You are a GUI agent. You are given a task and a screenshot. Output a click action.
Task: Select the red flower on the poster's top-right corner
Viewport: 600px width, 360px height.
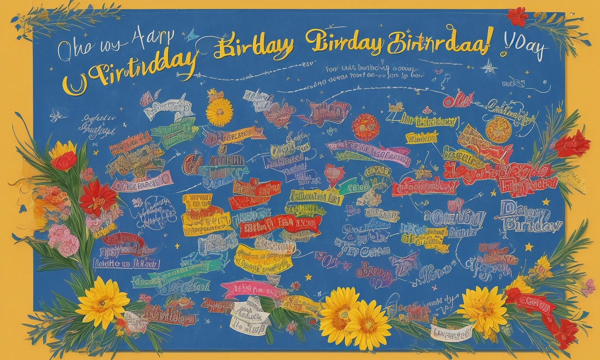point(517,17)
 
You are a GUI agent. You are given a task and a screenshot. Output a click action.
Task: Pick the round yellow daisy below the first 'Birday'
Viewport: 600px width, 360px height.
point(219,112)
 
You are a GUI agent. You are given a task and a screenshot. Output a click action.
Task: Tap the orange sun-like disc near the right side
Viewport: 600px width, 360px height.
point(498,129)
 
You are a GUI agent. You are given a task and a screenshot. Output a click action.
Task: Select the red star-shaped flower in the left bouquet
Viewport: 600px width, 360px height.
point(97,197)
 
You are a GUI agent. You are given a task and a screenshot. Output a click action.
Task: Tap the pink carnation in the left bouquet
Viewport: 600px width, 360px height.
point(64,240)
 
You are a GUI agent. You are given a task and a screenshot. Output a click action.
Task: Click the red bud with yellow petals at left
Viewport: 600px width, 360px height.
point(64,157)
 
